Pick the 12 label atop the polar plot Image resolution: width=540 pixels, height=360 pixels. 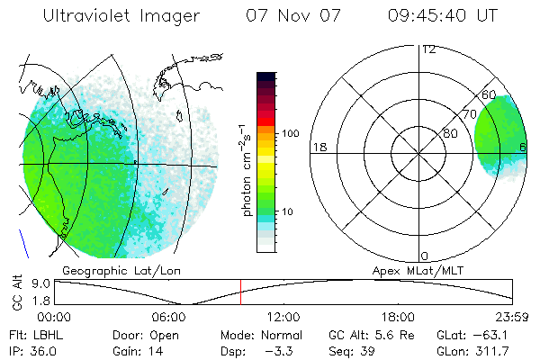tap(428, 49)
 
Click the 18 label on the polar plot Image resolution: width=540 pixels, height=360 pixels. tap(318, 147)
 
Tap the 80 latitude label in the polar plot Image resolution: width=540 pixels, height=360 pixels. tap(450, 134)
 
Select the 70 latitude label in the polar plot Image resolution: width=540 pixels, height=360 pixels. tap(468, 114)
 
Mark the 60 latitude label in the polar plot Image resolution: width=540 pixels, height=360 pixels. tap(489, 94)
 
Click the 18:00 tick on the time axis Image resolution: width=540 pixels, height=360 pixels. tap(399, 316)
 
